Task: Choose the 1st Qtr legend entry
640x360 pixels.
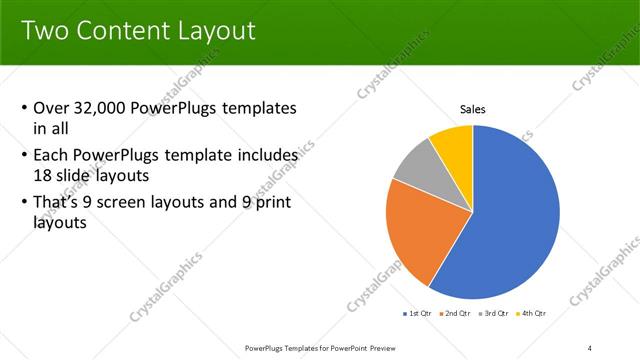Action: coord(418,315)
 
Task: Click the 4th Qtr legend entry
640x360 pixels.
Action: coord(533,315)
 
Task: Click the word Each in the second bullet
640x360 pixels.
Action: coord(52,155)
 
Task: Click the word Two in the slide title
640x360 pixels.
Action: coord(43,31)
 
